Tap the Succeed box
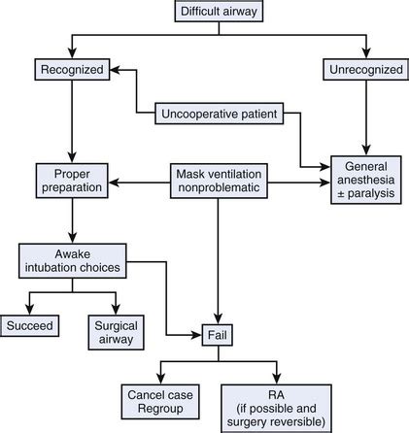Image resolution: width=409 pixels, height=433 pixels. [x=28, y=326]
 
